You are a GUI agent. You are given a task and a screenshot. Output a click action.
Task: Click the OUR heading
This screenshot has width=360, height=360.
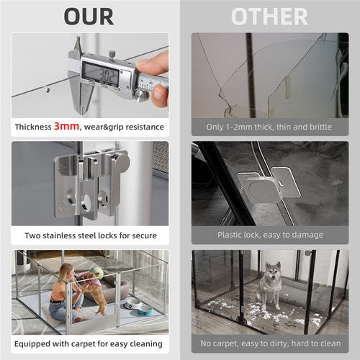(x=89, y=16)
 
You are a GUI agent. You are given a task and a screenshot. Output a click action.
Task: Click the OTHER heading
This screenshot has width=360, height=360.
(x=269, y=16)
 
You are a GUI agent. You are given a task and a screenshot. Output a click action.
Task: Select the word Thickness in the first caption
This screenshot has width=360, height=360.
(x=33, y=127)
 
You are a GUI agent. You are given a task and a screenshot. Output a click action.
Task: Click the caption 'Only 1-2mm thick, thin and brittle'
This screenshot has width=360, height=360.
(x=269, y=127)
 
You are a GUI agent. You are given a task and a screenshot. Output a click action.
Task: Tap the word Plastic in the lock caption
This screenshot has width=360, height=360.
(x=233, y=235)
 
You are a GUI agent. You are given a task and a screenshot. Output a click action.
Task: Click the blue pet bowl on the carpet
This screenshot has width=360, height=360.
(x=143, y=309)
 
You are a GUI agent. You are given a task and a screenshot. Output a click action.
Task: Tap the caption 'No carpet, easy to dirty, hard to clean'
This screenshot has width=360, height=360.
(x=269, y=343)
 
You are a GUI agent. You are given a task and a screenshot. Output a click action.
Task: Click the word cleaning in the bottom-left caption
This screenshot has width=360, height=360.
(x=146, y=343)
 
